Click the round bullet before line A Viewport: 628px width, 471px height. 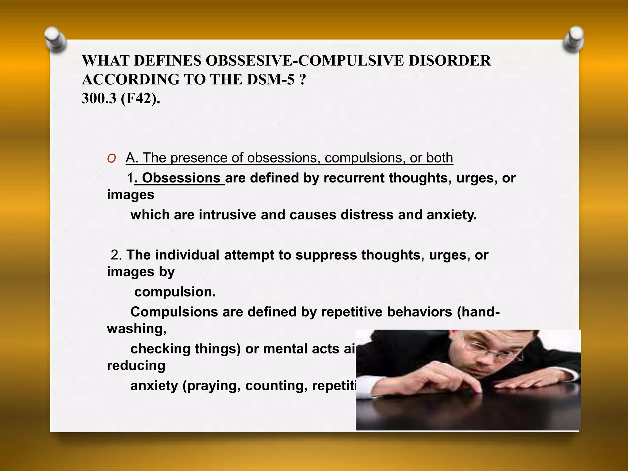[x=111, y=158]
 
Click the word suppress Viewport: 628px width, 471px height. [x=326, y=255]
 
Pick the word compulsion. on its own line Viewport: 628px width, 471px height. [x=175, y=292]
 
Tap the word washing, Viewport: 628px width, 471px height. [x=136, y=329]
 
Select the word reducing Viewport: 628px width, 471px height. [x=136, y=366]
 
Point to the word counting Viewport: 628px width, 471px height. [x=276, y=385]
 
